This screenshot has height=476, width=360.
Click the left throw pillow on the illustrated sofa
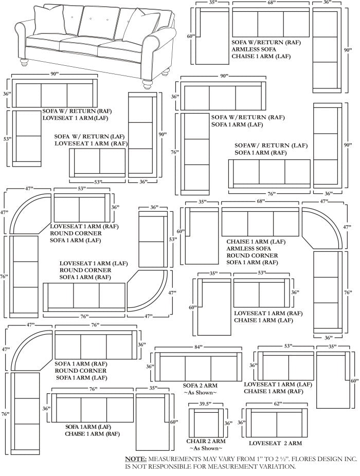(48, 20)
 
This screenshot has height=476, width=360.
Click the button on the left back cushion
(72, 17)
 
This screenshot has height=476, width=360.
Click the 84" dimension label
(199, 347)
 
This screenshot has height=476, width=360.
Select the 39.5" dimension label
(206, 404)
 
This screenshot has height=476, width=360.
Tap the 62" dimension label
(276, 404)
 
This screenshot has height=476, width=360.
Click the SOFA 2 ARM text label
(200, 386)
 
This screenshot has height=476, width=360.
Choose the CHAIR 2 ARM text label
(206, 441)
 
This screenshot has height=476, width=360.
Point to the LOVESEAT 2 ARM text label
(275, 443)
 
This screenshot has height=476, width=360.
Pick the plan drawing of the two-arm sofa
(199, 367)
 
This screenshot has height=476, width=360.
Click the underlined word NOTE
(136, 460)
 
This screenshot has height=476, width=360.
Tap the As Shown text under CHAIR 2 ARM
(206, 448)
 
